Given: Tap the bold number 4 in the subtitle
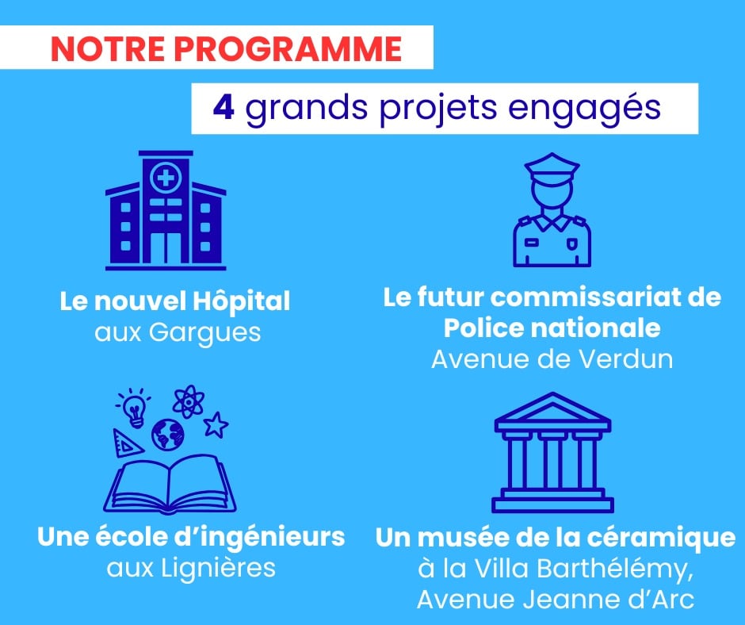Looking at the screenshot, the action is tap(223, 108).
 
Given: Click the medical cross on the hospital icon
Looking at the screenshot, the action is tap(166, 178).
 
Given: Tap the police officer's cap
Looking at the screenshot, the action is tap(552, 167).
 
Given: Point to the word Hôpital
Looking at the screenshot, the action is tap(242, 302).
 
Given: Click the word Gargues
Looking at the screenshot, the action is tap(204, 333).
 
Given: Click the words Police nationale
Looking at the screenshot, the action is tap(552, 328).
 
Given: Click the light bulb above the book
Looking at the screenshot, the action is tap(134, 407).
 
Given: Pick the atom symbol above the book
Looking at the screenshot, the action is tap(189, 401).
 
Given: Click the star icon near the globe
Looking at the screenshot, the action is tap(216, 424).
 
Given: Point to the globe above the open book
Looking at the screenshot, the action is tap(168, 435).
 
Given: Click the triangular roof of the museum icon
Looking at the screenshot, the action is tap(552, 411).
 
